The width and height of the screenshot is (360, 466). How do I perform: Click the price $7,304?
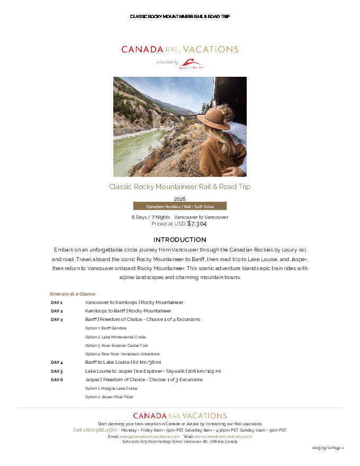pos(196,224)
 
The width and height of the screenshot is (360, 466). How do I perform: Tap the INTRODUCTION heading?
pos(179,240)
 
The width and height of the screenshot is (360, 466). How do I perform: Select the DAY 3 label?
pos(57,320)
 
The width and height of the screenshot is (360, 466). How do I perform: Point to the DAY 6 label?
pos(57,380)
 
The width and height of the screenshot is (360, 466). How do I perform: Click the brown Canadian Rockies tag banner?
pos(179,207)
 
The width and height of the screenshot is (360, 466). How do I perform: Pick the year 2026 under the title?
pos(179,199)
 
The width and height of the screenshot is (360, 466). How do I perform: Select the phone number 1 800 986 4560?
pos(95,430)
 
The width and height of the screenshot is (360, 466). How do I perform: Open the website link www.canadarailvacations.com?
pos(223,436)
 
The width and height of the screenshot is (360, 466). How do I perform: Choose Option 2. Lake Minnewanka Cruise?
pos(115,337)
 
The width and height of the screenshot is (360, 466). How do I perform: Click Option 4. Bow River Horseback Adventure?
pos(122,354)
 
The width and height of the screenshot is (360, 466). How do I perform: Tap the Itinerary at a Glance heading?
pos(73,294)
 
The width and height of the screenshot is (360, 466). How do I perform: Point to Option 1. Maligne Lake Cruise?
pos(111,388)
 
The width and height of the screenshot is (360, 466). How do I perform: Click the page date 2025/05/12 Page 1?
pos(328,448)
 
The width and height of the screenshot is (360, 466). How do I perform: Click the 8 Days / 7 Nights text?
pos(150,217)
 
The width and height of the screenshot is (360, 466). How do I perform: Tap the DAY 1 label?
pos(57,302)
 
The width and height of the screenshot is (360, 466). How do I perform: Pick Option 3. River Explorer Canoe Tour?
pos(116,345)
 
